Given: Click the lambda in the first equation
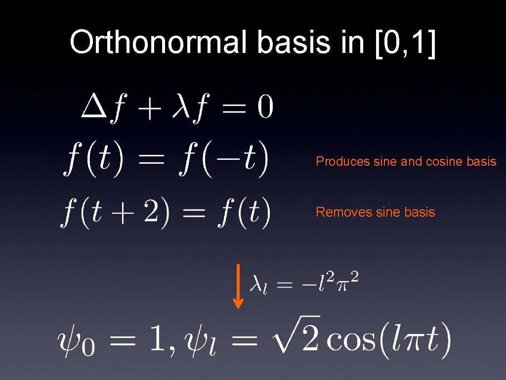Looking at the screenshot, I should click(x=181, y=107).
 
